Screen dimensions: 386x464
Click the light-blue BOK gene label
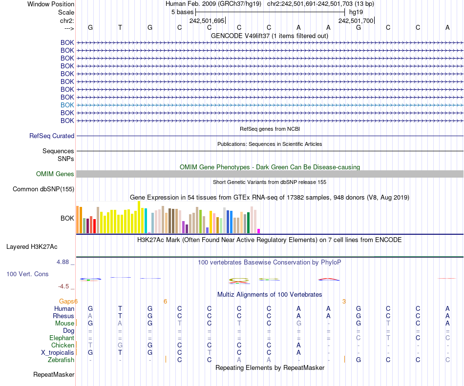click(67, 105)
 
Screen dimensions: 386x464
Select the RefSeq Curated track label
click(52, 136)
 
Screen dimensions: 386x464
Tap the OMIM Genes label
click(55, 174)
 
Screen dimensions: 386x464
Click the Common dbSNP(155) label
click(43, 189)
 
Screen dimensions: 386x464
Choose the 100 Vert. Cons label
click(27, 274)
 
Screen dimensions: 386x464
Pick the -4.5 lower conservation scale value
click(64, 286)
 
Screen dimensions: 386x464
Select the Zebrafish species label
click(61, 360)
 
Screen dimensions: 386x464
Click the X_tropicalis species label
click(58, 353)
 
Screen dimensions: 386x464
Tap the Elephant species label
click(62, 338)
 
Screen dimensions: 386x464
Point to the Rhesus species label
click(63, 316)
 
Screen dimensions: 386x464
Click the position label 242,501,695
click(207, 21)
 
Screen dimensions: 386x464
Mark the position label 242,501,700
click(356, 21)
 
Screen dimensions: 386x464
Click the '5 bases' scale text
click(182, 12)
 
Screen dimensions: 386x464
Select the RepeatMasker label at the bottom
click(54, 375)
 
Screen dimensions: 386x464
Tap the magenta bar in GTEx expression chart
click(259, 231)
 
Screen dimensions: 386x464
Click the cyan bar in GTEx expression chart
click(146, 221)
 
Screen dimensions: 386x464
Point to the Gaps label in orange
click(67, 302)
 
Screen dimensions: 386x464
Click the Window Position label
click(51, 4)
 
